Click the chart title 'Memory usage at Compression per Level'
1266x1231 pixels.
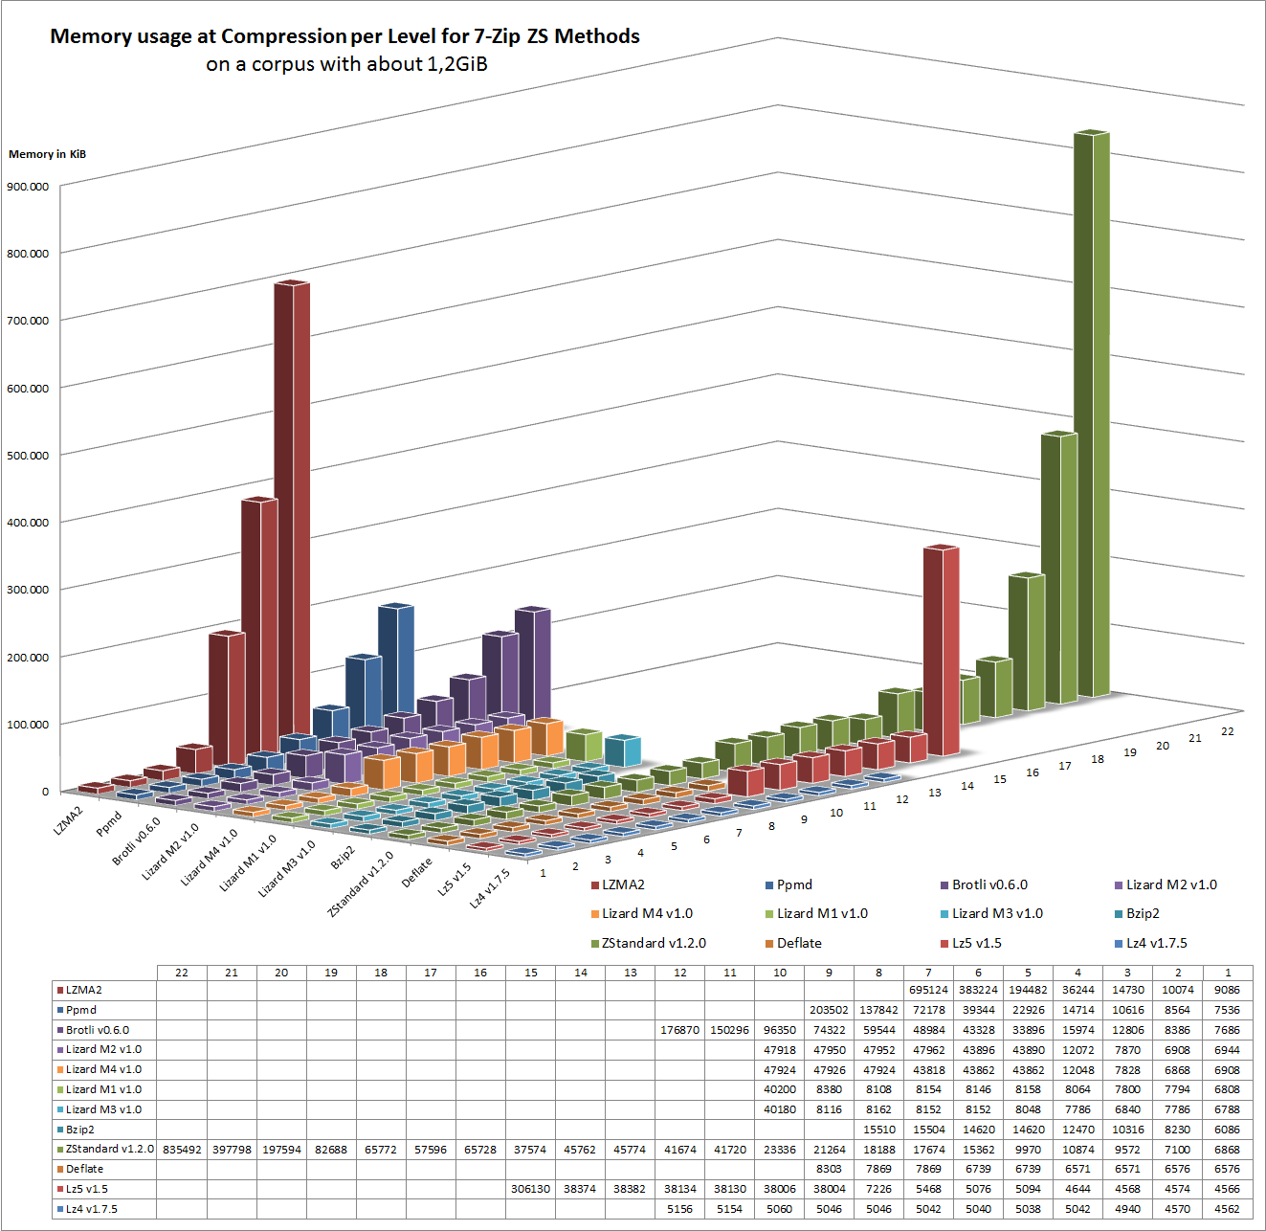(344, 36)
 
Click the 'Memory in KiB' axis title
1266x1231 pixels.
(47, 154)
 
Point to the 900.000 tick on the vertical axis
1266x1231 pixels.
(28, 187)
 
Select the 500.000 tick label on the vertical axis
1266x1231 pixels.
(28, 456)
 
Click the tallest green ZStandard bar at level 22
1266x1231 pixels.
(1091, 412)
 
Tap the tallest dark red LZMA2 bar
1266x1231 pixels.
(292, 517)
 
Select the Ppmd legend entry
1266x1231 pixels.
(794, 884)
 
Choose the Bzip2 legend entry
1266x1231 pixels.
(1143, 913)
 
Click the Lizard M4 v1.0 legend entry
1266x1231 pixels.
(647, 913)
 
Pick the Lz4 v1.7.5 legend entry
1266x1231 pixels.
(1156, 943)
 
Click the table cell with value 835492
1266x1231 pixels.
(182, 1149)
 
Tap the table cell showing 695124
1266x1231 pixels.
(928, 990)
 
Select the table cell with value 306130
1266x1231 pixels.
(530, 1189)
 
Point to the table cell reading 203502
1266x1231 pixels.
(829, 1010)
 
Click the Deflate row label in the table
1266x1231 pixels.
(84, 1169)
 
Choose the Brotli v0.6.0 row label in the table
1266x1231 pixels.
(98, 1030)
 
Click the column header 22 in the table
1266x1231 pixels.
(182, 973)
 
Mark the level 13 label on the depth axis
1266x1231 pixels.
(935, 793)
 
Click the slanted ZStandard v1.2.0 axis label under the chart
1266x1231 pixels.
(361, 884)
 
